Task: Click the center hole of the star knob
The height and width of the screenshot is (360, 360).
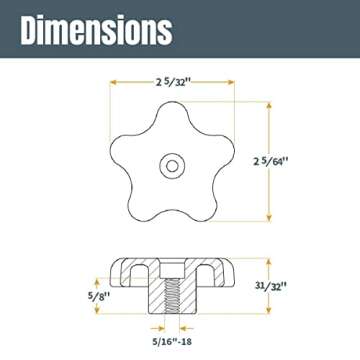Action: pyautogui.click(x=173, y=163)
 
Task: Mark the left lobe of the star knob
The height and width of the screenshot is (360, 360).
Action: pyautogui.click(x=123, y=148)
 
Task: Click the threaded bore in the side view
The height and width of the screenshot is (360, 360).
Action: pyautogui.click(x=174, y=295)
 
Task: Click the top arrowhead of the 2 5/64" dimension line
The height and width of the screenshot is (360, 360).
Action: pyautogui.click(x=268, y=105)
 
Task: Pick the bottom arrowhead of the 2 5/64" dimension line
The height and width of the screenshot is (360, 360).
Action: pyautogui.click(x=268, y=219)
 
